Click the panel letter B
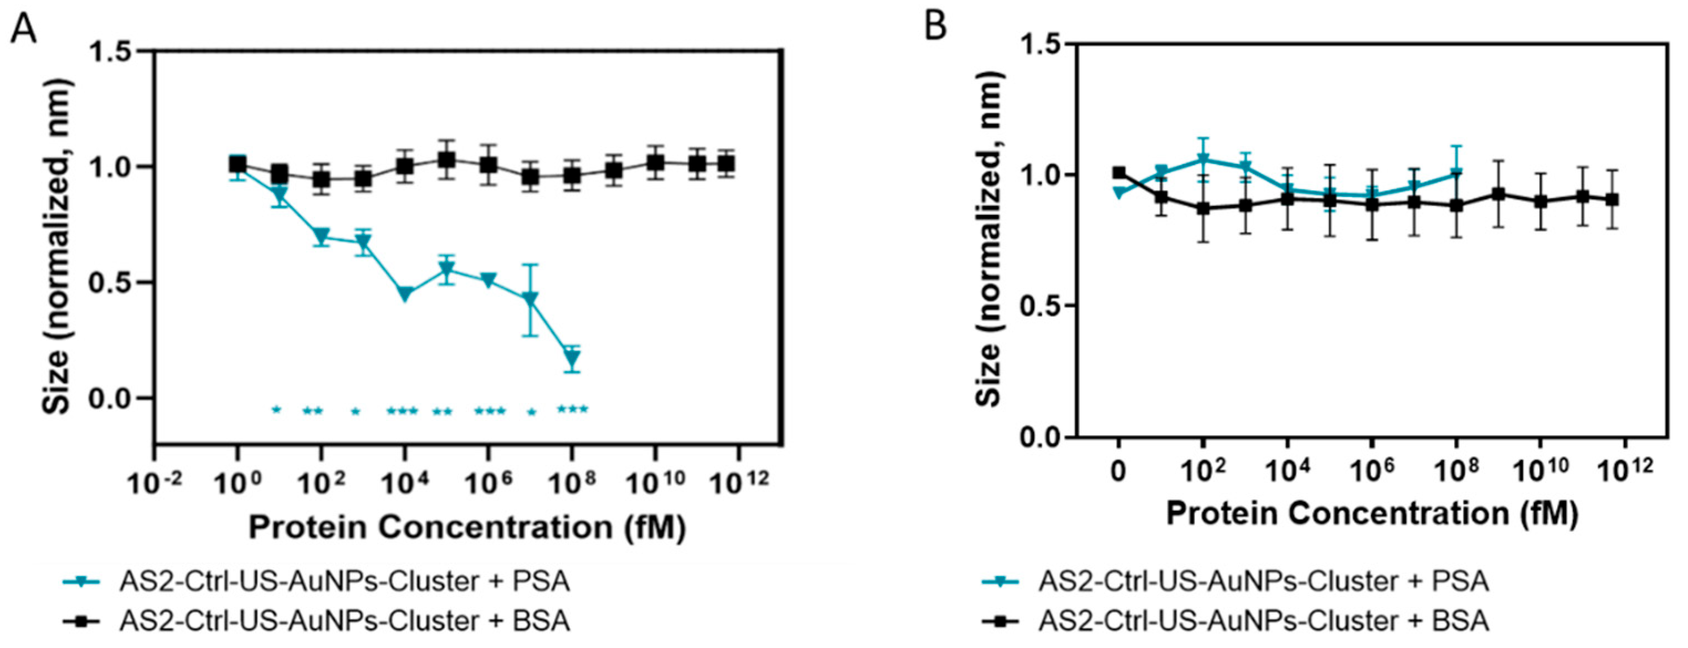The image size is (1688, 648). click(935, 27)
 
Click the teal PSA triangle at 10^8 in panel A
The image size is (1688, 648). click(573, 359)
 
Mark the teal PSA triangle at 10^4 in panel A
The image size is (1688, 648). click(405, 294)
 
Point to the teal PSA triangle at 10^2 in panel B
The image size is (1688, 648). click(1203, 159)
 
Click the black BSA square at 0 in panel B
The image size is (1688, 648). click(1119, 173)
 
